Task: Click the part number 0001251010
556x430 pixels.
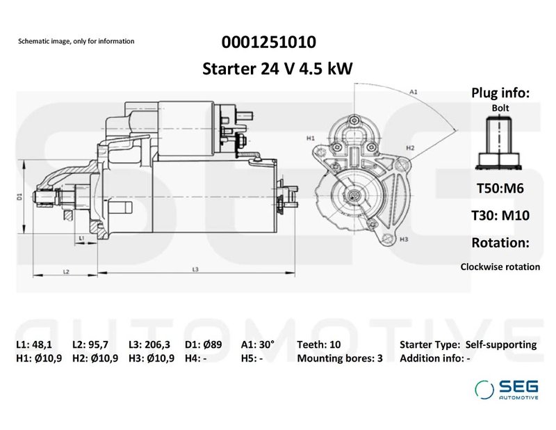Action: (268, 42)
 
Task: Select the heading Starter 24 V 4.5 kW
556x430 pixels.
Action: (277, 68)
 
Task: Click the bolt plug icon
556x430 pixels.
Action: (500, 143)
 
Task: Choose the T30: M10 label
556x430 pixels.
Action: (500, 216)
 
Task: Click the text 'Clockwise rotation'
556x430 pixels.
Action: (500, 266)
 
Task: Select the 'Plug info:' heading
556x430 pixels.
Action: (500, 93)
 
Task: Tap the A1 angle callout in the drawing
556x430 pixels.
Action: (413, 92)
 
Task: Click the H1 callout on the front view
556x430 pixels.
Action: (311, 138)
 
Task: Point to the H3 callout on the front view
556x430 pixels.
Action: (404, 239)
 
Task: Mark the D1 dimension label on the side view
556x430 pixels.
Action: (20, 197)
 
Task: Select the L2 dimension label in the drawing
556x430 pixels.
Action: (65, 270)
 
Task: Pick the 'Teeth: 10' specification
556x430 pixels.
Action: (319, 344)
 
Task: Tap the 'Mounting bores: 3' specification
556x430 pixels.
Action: (340, 359)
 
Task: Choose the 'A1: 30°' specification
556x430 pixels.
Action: (258, 344)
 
